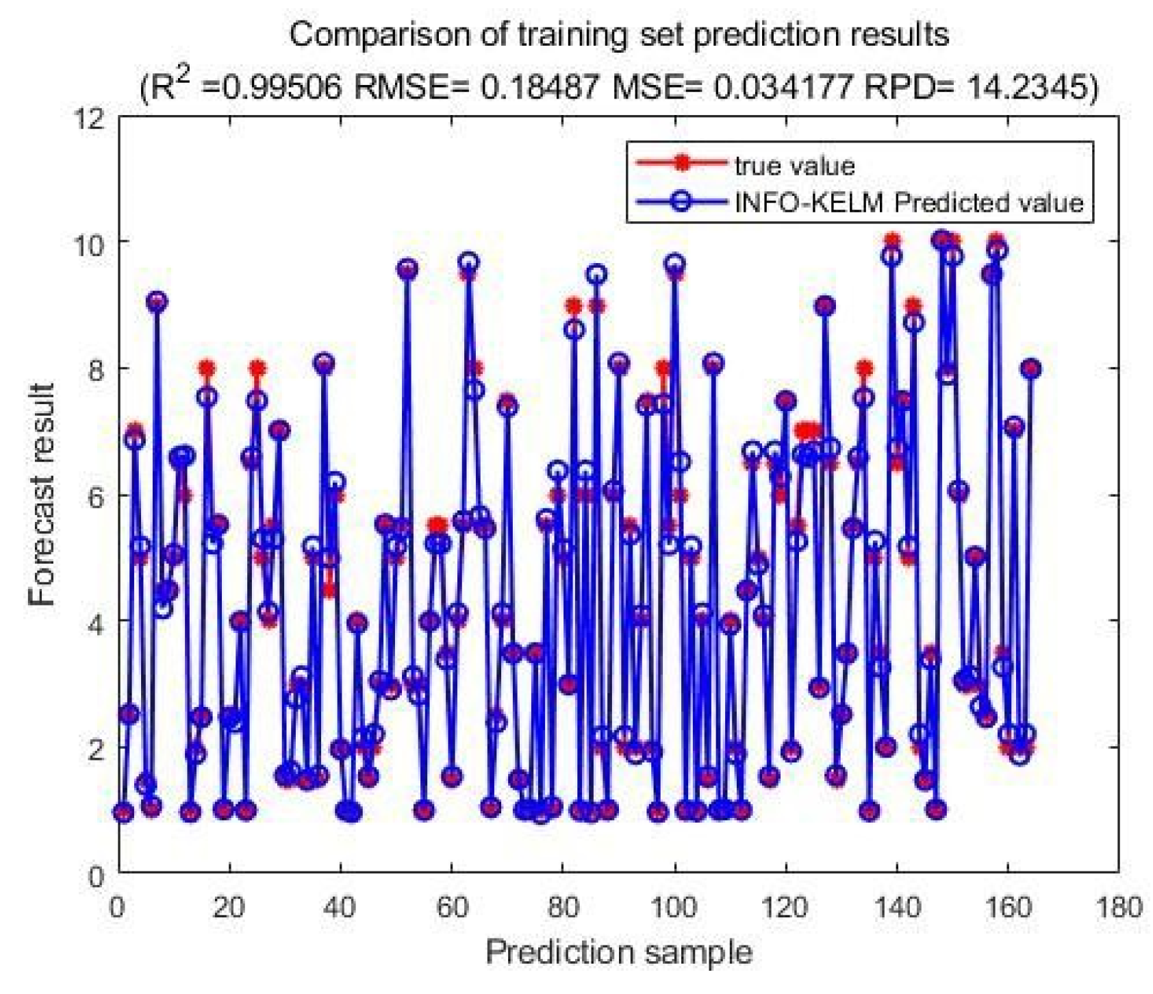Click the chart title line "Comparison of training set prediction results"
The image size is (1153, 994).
(x=618, y=34)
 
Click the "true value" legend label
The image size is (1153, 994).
(x=794, y=166)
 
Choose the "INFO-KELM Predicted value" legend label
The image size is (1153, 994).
(x=909, y=203)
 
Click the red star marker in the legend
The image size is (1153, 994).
(x=681, y=163)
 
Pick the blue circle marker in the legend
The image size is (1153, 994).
(x=681, y=201)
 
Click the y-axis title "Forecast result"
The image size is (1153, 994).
(x=42, y=494)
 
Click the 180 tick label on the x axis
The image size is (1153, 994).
(x=1118, y=908)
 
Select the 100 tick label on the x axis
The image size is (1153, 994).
(x=674, y=908)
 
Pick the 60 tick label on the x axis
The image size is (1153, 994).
(x=452, y=908)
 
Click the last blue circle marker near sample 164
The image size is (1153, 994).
(x=1030, y=369)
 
